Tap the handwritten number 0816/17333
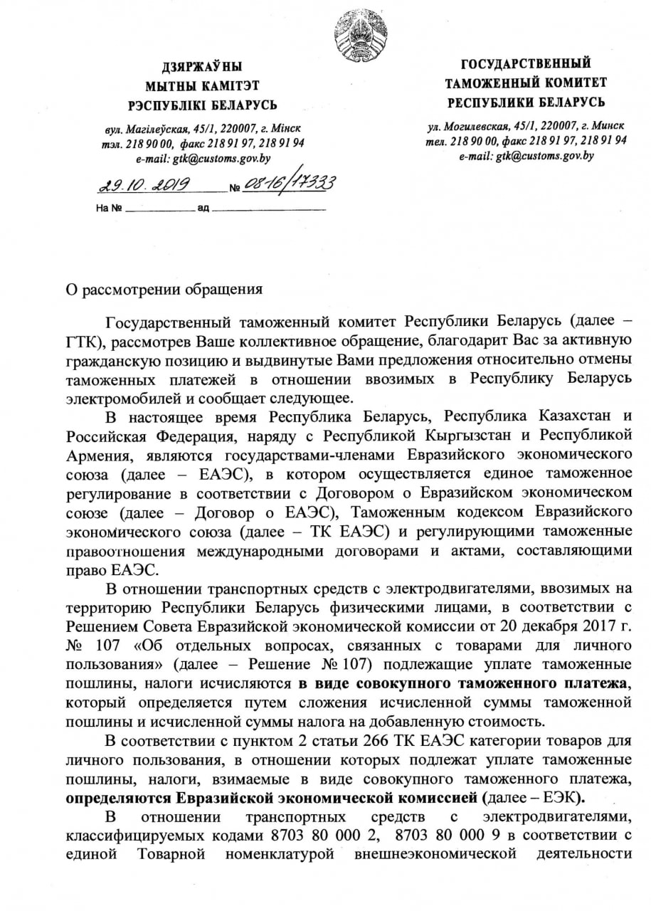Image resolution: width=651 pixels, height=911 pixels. (289, 184)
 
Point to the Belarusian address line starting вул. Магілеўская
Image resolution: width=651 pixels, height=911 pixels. (202, 130)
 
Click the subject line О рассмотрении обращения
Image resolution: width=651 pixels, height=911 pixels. (164, 290)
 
